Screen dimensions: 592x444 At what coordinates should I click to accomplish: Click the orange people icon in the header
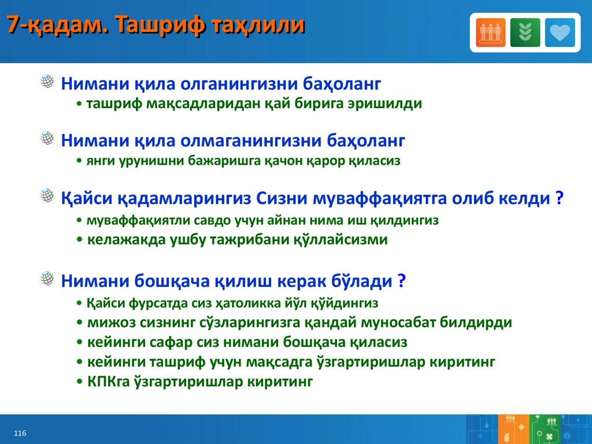[x=490, y=32]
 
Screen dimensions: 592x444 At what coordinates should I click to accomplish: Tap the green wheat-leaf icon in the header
[x=525, y=32]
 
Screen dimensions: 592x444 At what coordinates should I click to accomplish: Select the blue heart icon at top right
[x=560, y=32]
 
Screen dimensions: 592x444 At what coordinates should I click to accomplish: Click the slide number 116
[x=20, y=433]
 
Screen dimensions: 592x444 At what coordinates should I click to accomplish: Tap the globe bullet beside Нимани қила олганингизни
[x=47, y=81]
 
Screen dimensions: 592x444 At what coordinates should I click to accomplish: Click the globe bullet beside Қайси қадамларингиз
[x=47, y=195]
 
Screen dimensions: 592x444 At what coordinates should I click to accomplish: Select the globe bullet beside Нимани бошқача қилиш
[x=47, y=278]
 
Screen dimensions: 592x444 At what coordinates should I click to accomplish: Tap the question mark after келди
[x=560, y=198]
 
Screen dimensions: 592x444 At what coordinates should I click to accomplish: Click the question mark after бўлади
[x=401, y=280]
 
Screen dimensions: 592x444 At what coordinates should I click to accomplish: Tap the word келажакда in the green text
[x=127, y=240]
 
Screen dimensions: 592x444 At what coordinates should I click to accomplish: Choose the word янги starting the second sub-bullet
[x=101, y=161]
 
